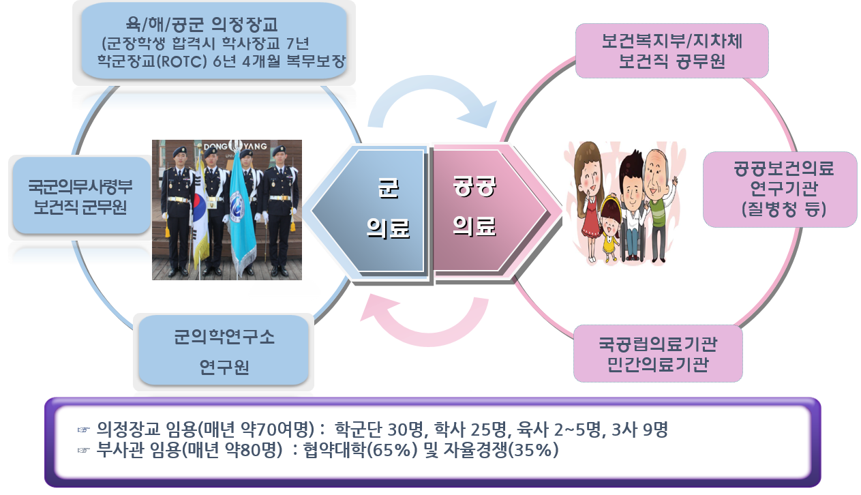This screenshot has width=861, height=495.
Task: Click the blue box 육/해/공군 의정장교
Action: point(215,42)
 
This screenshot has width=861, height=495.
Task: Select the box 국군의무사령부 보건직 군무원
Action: point(80,196)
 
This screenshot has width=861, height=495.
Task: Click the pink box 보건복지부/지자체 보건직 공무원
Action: point(671,51)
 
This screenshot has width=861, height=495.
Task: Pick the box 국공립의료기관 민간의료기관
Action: point(658,352)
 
